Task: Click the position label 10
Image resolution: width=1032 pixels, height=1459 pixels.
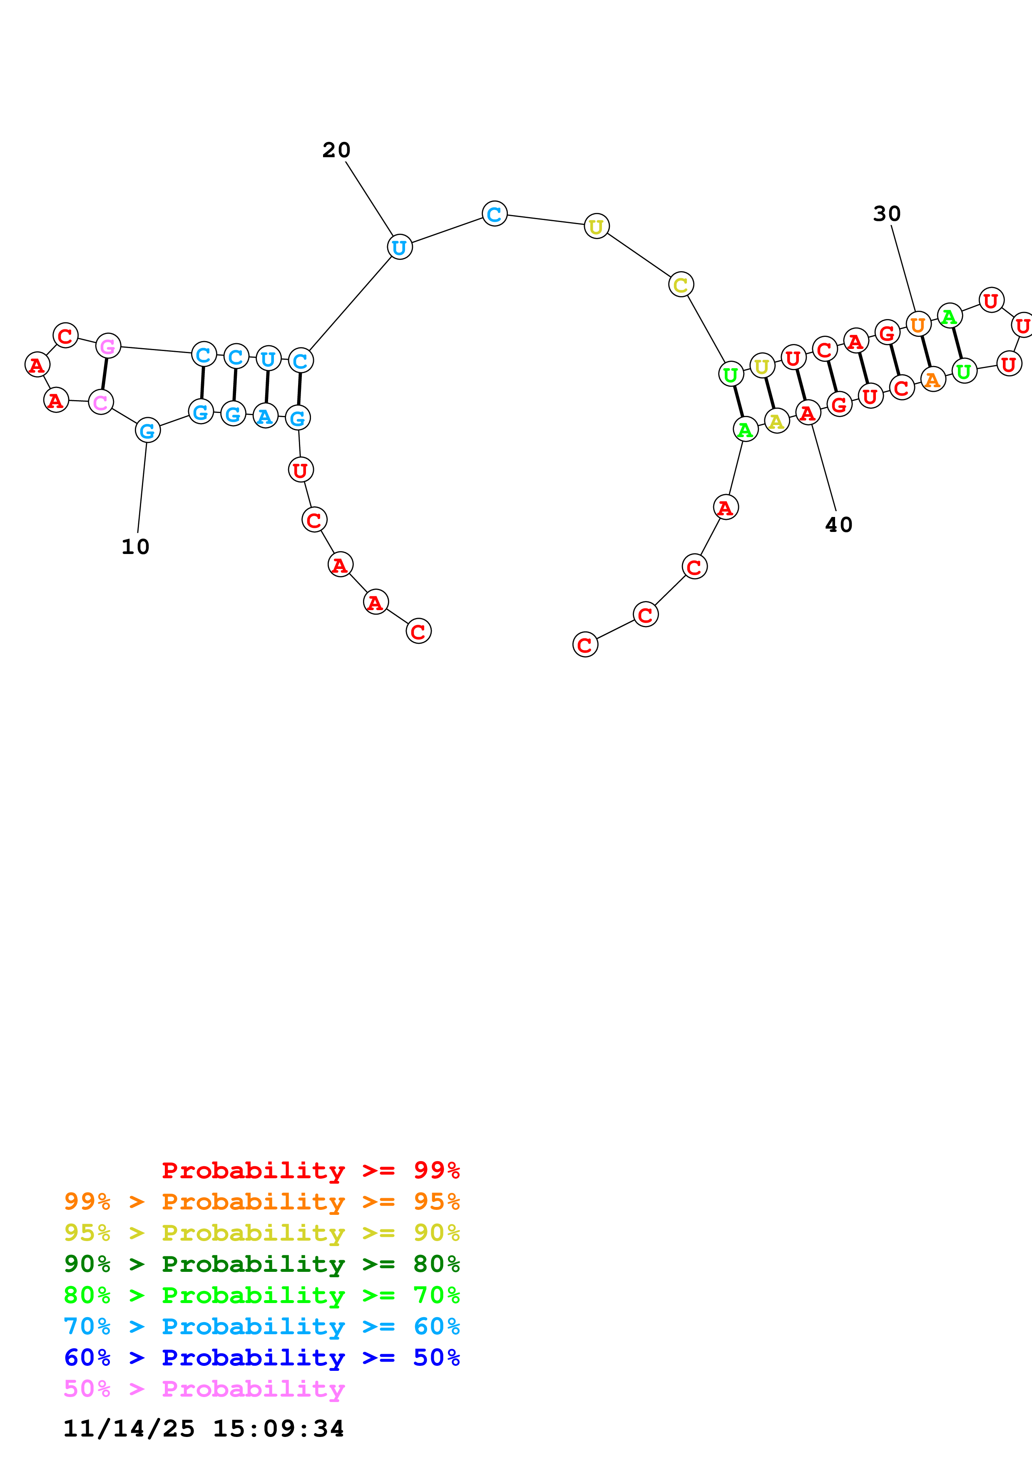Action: click(135, 547)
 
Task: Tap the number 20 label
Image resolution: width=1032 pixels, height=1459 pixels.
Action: click(336, 150)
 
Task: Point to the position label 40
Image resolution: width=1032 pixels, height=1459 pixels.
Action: click(839, 524)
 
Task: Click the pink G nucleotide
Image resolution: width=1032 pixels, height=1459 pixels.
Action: click(108, 346)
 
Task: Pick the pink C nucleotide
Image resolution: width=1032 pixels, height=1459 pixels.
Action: click(100, 402)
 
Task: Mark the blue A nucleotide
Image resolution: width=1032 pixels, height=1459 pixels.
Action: click(265, 416)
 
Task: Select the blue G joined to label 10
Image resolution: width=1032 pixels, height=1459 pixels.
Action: click(147, 431)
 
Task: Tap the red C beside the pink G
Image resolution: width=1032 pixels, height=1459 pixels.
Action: click(65, 336)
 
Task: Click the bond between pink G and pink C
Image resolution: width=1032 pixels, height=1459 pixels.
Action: click(104, 374)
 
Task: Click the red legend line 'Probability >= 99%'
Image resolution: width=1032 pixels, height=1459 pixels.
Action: click(310, 1170)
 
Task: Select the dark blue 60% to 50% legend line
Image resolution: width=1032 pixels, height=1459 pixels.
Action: click(261, 1358)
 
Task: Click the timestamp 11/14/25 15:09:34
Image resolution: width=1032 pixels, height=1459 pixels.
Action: click(204, 1429)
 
